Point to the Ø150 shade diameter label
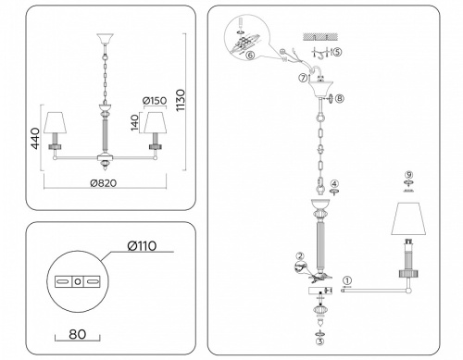pos(154,100)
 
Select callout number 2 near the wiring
pos(299,256)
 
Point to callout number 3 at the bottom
pos(319,341)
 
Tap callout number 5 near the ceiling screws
pos(338,52)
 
